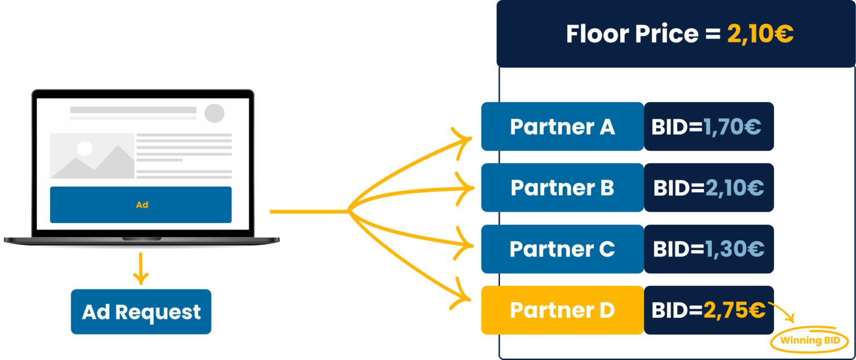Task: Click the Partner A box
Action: [562, 127]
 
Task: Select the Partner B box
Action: [562, 188]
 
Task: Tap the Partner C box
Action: [562, 249]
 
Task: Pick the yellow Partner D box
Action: [562, 310]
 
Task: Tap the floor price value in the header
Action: [760, 34]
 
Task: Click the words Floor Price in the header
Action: [632, 34]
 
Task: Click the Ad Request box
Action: [141, 312]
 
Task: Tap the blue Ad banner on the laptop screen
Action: [140, 205]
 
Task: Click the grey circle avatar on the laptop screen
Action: [214, 113]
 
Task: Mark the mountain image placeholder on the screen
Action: [92, 156]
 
